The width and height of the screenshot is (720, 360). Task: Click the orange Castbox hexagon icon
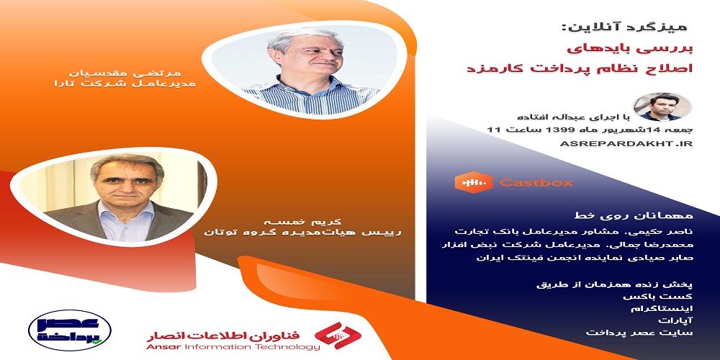474,182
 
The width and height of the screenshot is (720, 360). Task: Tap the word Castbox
536,183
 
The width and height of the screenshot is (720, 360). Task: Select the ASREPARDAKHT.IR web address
626,144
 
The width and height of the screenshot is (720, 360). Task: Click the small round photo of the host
662,107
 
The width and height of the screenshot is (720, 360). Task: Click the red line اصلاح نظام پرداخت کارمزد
580,70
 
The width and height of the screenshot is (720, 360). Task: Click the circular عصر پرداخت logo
70,330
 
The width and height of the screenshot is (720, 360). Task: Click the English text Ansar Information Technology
233,347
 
